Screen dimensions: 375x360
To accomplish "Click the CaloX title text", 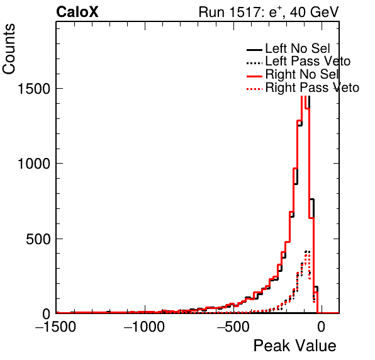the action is click(77, 12).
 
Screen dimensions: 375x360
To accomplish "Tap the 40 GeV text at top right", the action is click(314, 12).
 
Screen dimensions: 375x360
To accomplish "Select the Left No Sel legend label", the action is click(298, 48).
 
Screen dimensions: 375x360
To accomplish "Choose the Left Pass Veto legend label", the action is click(308, 61).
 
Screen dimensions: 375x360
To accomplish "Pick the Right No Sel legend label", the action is click(302, 74).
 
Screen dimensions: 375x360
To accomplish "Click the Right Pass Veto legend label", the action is click(312, 87).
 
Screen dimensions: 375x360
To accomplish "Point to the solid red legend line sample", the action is click(254, 76).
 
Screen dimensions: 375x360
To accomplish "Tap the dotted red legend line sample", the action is click(254, 89).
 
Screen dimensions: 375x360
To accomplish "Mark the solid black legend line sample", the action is click(254, 50).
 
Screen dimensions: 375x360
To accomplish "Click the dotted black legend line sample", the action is click(254, 63).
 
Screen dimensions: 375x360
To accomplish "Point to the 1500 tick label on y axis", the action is click(33, 89).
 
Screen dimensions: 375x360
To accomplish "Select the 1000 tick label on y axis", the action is click(33, 164).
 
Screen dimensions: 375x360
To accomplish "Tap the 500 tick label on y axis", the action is click(38, 239).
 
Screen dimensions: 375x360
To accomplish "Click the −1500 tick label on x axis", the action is click(55, 327).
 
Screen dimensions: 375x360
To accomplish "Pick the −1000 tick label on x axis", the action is click(144, 327).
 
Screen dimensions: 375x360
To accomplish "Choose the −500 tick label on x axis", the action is click(233, 327).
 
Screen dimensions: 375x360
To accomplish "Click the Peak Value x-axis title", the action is click(294, 346).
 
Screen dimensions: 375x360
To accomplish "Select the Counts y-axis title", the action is click(9, 49).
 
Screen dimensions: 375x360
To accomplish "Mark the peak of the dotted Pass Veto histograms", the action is click(307, 252).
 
